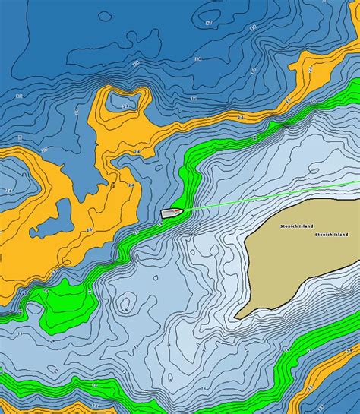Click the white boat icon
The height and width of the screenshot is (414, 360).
click(x=172, y=213)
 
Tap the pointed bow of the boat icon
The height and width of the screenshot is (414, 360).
click(x=182, y=211)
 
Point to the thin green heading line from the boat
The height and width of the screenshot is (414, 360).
click(x=266, y=198)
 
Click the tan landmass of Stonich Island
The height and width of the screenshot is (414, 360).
click(x=296, y=258)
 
